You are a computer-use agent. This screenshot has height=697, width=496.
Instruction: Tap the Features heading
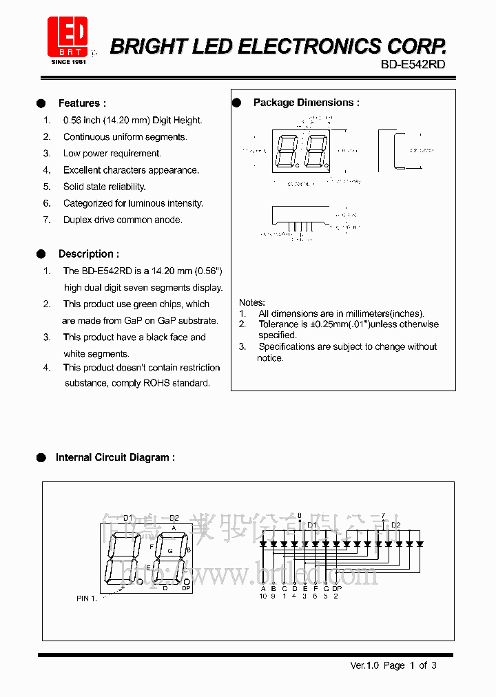(x=82, y=103)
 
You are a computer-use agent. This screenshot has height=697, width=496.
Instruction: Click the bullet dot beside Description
(x=41, y=254)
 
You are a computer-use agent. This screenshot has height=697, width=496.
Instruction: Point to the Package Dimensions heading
(x=306, y=103)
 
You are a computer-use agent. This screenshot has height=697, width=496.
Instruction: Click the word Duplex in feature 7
(x=78, y=220)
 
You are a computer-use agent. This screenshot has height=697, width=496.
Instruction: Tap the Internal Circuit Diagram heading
(x=114, y=457)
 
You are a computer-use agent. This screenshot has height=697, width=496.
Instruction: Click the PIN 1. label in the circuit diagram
(x=87, y=599)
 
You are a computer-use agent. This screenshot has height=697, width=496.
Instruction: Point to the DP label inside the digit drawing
(x=186, y=587)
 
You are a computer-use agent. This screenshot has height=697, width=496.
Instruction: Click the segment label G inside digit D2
(x=170, y=551)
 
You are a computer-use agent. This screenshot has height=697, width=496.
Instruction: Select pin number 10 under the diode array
(x=263, y=596)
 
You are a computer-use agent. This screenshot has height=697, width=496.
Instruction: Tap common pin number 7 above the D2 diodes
(x=383, y=516)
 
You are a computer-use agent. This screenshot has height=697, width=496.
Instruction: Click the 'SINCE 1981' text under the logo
(x=68, y=62)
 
